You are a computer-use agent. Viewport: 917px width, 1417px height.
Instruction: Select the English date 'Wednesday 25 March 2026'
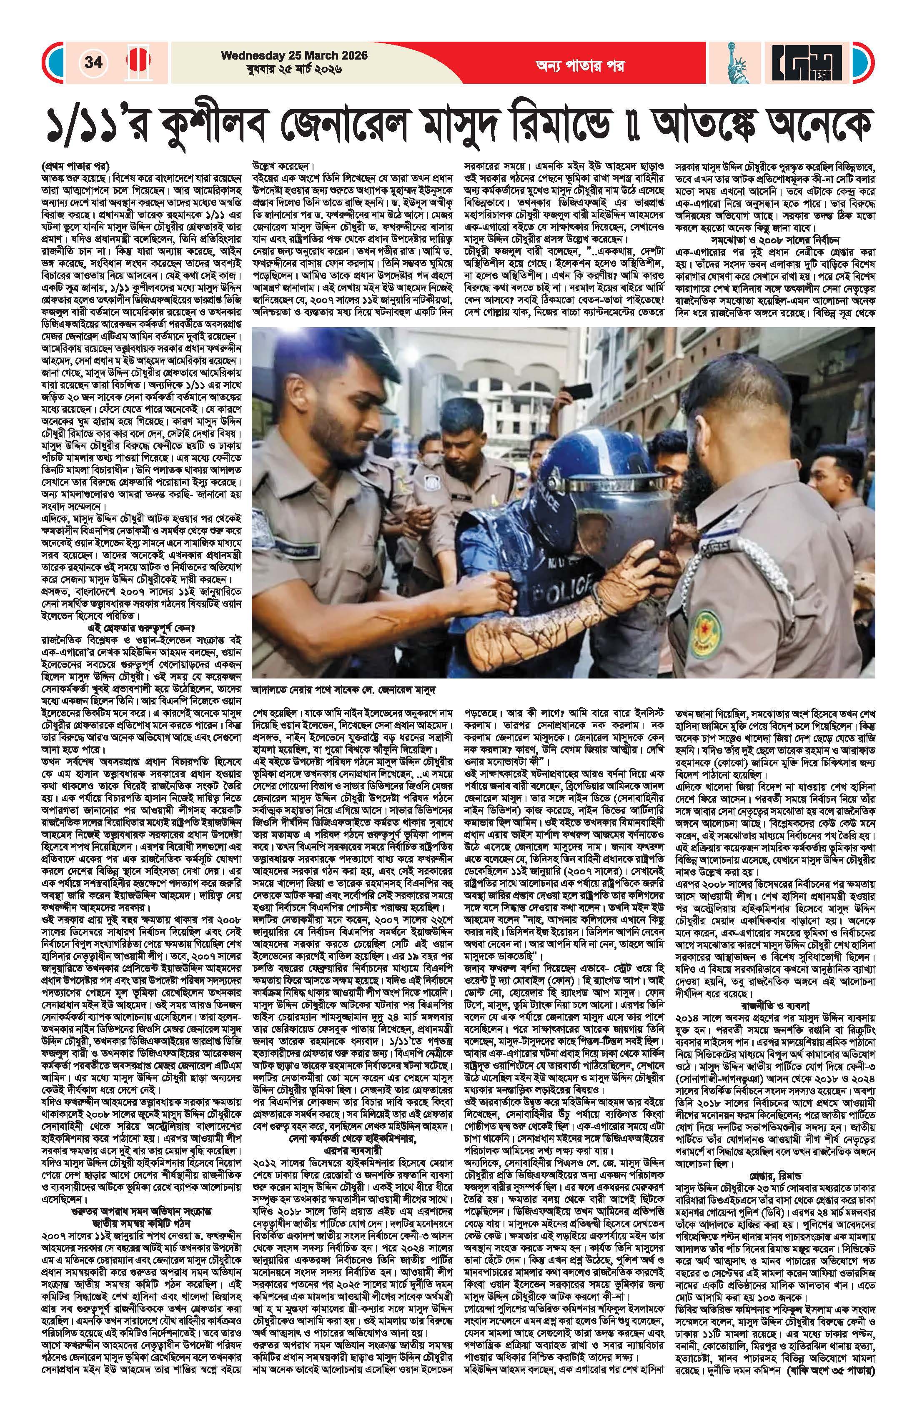pos(294,55)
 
